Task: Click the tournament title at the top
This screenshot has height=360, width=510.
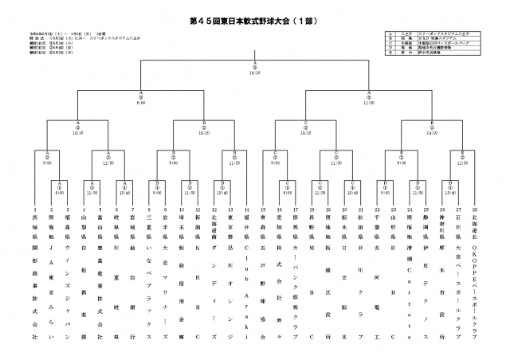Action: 255,18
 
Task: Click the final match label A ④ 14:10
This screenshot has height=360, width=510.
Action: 255,69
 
